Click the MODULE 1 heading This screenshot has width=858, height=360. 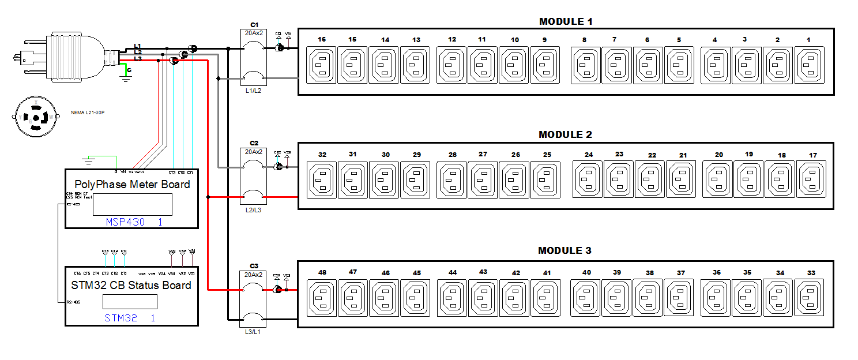[x=565, y=22]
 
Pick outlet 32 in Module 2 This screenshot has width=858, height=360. [x=322, y=179]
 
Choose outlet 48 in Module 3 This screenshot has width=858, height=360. [x=322, y=297]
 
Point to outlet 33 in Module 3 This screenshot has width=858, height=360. [x=811, y=297]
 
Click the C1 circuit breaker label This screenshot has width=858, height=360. [x=254, y=24]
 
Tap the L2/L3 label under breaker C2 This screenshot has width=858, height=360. [x=254, y=210]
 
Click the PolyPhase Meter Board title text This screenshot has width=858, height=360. [x=132, y=185]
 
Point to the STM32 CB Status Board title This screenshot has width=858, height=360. [x=131, y=286]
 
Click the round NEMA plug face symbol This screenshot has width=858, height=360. [x=36, y=117]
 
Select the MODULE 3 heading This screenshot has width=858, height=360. [x=565, y=251]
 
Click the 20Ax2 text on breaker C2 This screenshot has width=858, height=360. [x=254, y=152]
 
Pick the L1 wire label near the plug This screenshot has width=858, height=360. [x=137, y=46]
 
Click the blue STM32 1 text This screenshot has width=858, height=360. [x=130, y=318]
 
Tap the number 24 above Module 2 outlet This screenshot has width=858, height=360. [x=588, y=155]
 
